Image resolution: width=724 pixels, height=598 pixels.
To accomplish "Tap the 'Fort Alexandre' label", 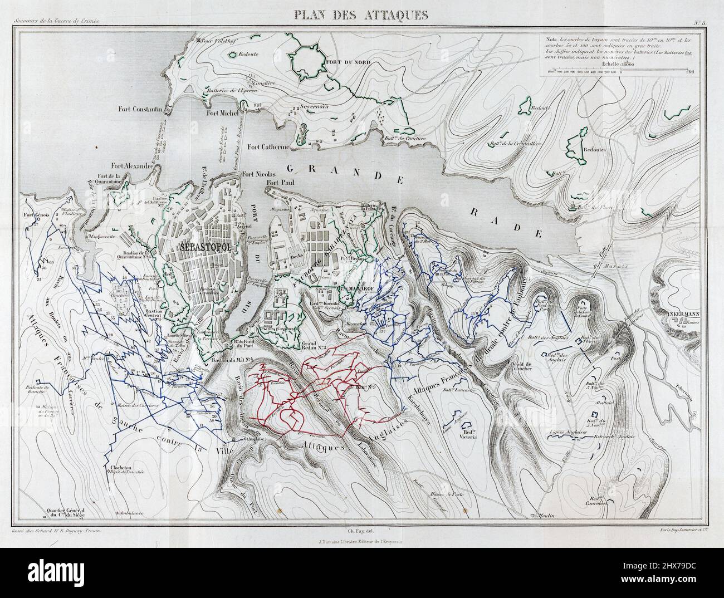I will [131, 166].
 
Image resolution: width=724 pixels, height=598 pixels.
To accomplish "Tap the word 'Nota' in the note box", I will [552, 40].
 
